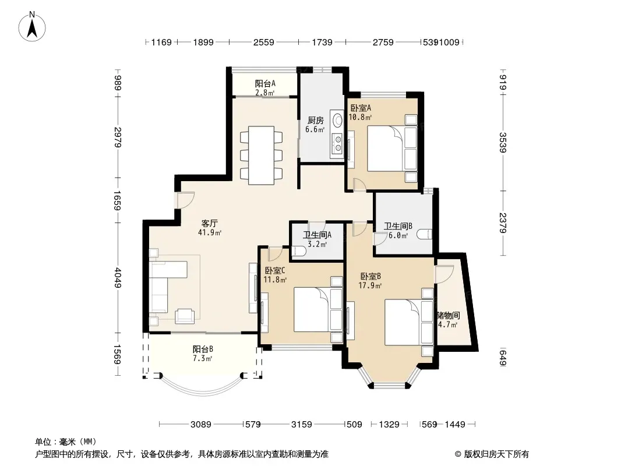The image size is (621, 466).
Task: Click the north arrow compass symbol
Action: click(32, 27)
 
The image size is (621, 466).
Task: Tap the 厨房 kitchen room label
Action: click(316, 121)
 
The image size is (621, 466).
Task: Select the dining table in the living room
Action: click(262, 155)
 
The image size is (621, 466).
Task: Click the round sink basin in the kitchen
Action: click(338, 120)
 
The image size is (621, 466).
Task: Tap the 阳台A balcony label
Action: click(265, 83)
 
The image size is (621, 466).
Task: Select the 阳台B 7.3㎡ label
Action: click(203, 354)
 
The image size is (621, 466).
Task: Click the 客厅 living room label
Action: click(210, 223)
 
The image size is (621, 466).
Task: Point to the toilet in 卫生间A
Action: click(299, 252)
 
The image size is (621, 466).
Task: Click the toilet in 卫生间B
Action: click(424, 234)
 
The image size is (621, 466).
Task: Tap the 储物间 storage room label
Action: click(449, 316)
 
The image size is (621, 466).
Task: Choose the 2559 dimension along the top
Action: click(264, 42)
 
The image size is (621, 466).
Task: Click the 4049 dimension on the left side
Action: click(118, 278)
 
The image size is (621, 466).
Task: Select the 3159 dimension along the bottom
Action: click(301, 425)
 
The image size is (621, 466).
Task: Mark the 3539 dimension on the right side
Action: click(503, 143)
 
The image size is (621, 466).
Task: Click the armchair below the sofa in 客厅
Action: click(185, 316)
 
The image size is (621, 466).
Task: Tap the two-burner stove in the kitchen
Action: click(338, 143)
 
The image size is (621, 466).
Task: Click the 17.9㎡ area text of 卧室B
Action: click(370, 285)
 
